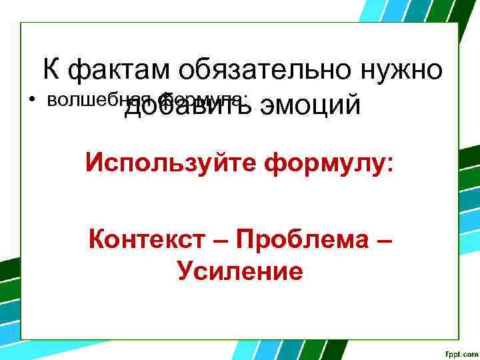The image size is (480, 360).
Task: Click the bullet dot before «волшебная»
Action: [x=31, y=101]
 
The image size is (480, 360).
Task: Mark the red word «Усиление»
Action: [x=240, y=271]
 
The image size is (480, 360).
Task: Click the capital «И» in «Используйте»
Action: [x=93, y=162]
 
